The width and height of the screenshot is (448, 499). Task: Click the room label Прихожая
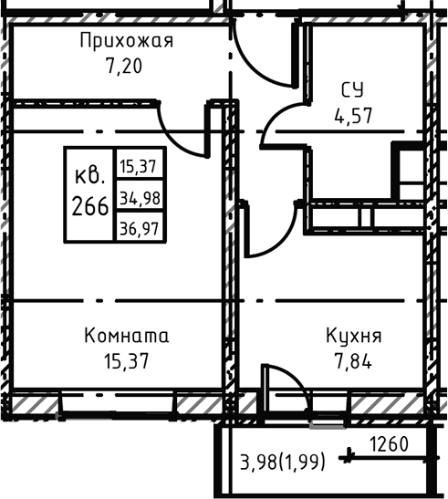(x=126, y=41)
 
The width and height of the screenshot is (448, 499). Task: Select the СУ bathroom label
(x=353, y=90)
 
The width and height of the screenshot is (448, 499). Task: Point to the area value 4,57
(x=353, y=116)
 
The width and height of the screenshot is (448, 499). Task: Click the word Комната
(x=126, y=336)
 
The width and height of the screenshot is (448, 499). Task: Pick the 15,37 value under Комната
(x=126, y=360)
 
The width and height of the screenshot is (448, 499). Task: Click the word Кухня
(x=353, y=336)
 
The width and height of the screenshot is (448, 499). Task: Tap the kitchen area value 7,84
(x=353, y=360)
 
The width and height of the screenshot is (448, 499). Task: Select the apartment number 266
(x=89, y=203)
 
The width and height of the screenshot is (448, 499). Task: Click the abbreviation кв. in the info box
(x=89, y=173)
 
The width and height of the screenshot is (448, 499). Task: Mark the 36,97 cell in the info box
(x=139, y=228)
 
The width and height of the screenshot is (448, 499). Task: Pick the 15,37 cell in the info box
(x=139, y=166)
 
